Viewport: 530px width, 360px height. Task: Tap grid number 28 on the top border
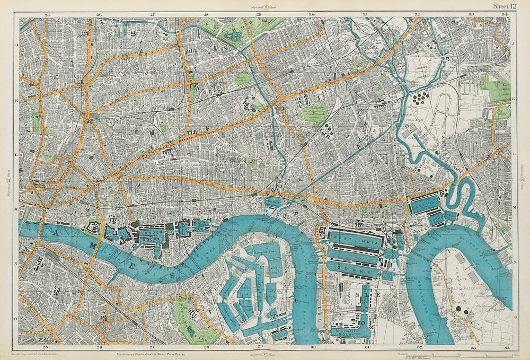[x=206, y=14]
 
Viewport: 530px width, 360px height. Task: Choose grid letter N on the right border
[x=515, y=262]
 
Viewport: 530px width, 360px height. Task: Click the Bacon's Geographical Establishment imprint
[x=39, y=352]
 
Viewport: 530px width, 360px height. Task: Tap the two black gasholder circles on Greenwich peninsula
[x=462, y=310]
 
